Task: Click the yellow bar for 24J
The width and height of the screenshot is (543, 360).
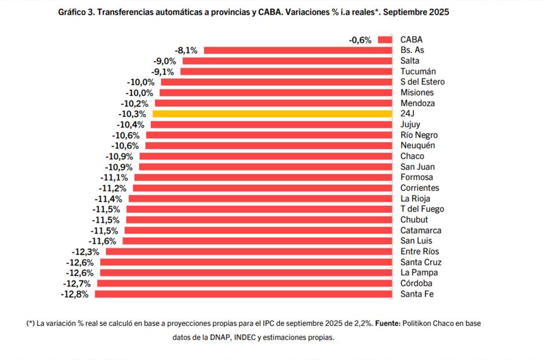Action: tap(272, 114)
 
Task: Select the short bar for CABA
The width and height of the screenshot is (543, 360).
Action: tap(385, 39)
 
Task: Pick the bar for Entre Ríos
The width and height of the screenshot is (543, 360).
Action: tap(249, 251)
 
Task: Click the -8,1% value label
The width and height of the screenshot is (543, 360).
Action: tap(186, 50)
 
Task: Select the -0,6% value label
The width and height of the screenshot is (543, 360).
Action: tap(360, 40)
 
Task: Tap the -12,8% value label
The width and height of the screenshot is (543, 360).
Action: tap(74, 294)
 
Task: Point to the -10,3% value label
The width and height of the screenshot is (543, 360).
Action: tap(132, 114)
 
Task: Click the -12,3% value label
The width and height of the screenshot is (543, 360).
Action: tap(85, 251)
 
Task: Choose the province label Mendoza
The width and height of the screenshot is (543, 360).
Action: tap(418, 103)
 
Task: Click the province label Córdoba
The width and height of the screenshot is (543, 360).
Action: tap(417, 283)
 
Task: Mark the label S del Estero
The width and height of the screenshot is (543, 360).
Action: tap(422, 82)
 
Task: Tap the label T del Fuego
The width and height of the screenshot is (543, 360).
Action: tap(422, 209)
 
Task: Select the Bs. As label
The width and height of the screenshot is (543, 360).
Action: tap(414, 50)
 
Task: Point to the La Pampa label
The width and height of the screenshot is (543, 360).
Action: tap(419, 272)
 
